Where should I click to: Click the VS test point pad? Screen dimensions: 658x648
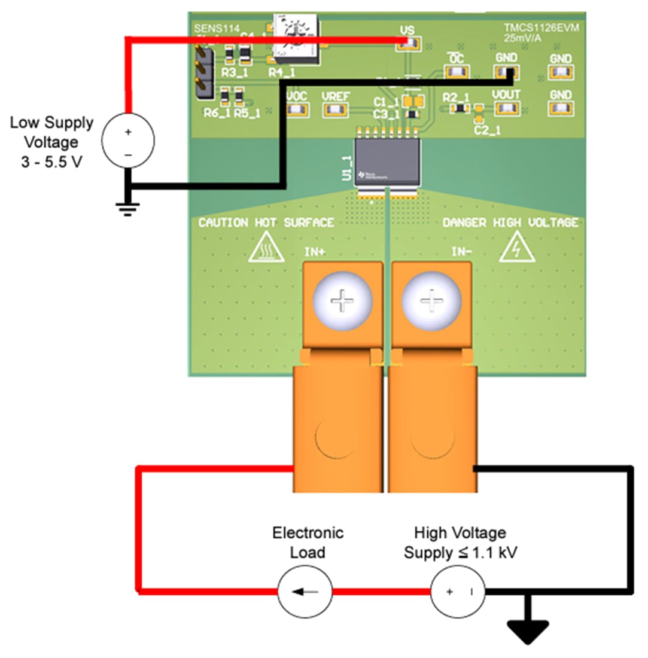(412, 42)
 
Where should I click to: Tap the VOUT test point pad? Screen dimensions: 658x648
(506, 109)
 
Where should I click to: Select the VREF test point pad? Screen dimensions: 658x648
(336, 109)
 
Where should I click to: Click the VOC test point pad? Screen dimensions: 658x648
(297, 109)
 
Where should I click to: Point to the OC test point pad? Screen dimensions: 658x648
(456, 72)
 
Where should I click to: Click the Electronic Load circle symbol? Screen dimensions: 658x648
(305, 592)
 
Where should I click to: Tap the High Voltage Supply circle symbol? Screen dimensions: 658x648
(458, 592)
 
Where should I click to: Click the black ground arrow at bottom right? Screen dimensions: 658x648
(528, 632)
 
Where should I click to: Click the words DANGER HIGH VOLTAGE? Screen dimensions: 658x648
(510, 223)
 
